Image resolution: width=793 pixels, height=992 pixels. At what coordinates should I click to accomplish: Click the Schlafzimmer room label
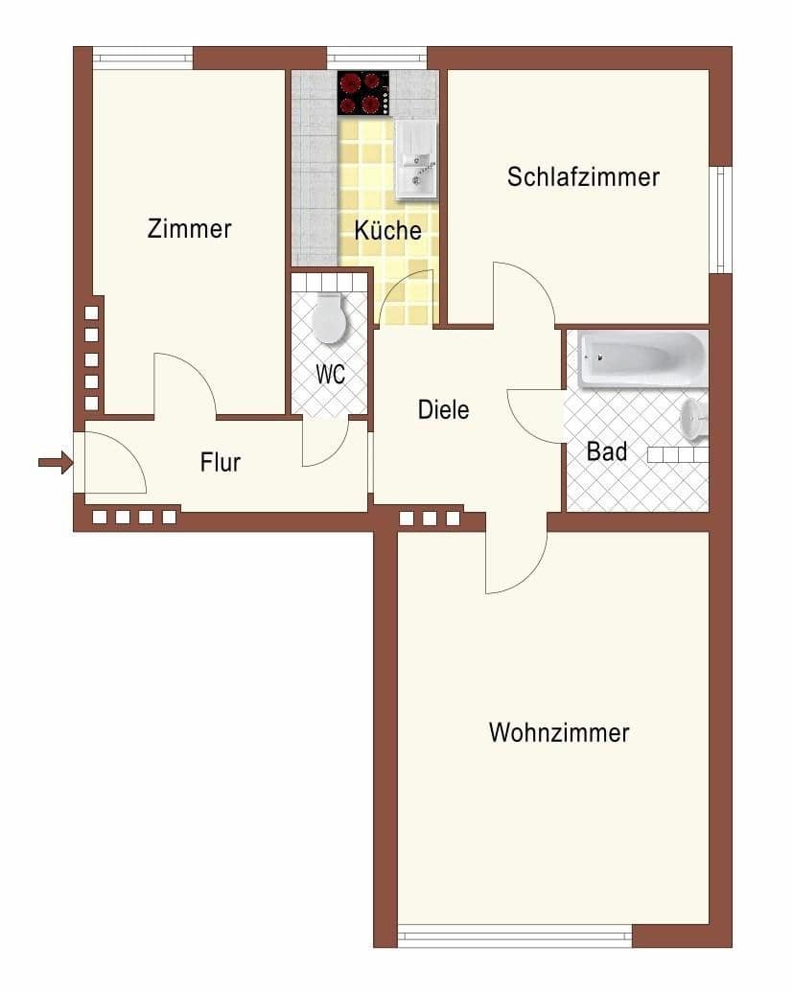[x=583, y=177]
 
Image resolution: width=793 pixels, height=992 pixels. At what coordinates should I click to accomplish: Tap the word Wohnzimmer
[x=558, y=733]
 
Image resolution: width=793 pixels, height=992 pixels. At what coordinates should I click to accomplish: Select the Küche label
[x=387, y=231]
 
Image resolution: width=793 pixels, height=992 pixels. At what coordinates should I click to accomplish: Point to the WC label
[x=331, y=374]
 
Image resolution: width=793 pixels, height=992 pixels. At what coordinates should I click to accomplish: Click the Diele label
[x=444, y=410]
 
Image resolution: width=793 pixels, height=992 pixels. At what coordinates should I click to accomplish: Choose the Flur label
[x=220, y=463]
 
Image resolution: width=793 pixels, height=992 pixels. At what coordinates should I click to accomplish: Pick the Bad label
[x=607, y=450]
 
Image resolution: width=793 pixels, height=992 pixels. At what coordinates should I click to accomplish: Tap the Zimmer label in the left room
[x=190, y=229]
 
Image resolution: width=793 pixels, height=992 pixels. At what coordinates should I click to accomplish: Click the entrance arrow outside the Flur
[x=56, y=464]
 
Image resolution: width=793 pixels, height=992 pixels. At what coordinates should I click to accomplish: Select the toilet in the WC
[x=330, y=318]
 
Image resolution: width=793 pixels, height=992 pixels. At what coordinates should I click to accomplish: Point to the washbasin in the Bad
[x=695, y=419]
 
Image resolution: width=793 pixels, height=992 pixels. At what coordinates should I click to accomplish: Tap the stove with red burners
[x=363, y=93]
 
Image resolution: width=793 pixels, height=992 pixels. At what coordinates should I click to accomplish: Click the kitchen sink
[x=415, y=158]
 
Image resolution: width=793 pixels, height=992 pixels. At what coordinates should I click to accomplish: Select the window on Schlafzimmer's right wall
[x=720, y=219]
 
